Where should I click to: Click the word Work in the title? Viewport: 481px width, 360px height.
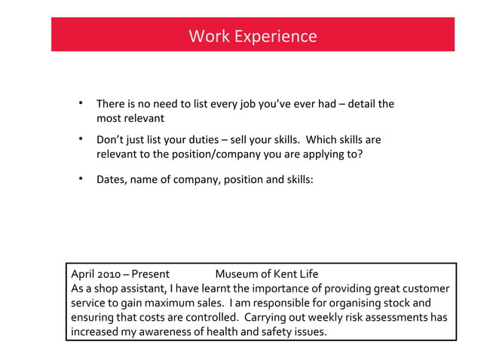click(204, 36)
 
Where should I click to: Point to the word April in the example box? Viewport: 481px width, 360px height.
click(82, 273)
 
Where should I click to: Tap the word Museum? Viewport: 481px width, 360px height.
click(234, 273)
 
